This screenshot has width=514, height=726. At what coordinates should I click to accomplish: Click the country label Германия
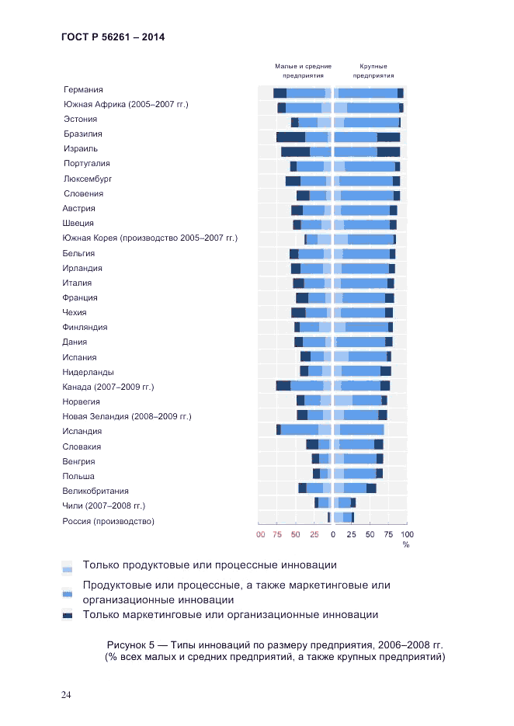(83, 90)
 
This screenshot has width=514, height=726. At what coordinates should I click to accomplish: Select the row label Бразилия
(83, 134)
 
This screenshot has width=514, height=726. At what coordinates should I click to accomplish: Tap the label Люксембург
(88, 179)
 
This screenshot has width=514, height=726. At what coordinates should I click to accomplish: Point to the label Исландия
(82, 432)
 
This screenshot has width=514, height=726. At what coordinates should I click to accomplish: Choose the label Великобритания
(96, 492)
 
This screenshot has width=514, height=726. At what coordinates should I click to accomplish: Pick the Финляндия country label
(85, 328)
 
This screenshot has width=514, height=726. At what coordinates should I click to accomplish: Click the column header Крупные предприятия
(373, 71)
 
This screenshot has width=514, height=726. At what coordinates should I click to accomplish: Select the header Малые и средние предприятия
(303, 71)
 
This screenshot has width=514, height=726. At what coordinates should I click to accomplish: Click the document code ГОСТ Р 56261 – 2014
(113, 37)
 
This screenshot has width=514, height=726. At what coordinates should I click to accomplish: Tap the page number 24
(67, 694)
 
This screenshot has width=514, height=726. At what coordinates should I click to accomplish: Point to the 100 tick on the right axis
(407, 534)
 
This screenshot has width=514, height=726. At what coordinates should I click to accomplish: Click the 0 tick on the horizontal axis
(333, 534)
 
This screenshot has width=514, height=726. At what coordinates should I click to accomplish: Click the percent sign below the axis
(405, 544)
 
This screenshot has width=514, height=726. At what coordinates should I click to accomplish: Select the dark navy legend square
(68, 616)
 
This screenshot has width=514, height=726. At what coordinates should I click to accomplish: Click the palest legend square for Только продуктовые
(68, 566)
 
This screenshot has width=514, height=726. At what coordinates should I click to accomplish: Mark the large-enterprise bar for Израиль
(366, 152)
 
